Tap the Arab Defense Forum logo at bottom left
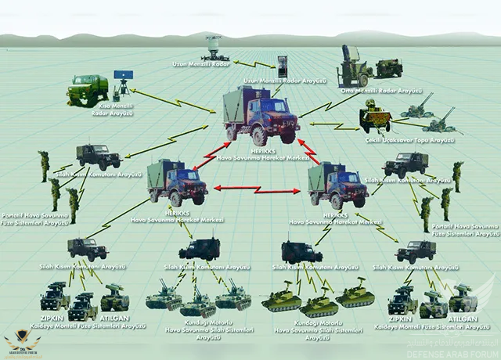point(23,339)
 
